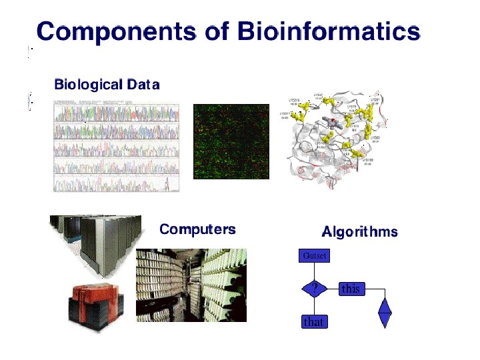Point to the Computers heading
pos(197,229)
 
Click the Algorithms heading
pos(359,232)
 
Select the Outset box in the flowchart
pos(313,255)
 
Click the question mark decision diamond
pos(313,288)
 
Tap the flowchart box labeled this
pos(350,289)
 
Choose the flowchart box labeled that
pos(313,322)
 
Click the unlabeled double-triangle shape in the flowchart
pos(385,311)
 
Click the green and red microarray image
pos(231,141)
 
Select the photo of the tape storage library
pos(191,285)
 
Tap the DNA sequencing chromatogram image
pos(117,147)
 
